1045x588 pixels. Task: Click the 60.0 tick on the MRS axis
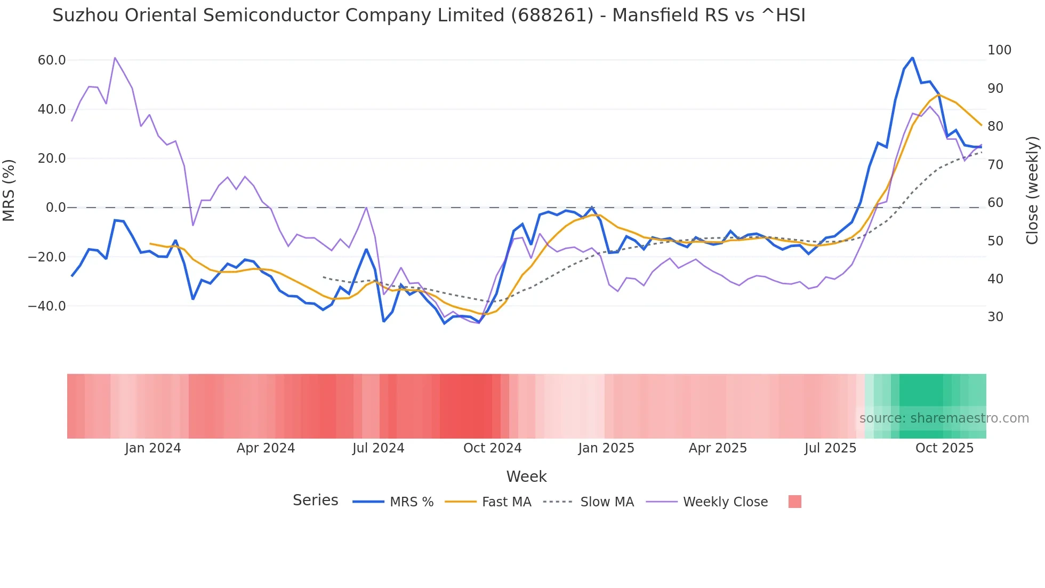tap(52, 60)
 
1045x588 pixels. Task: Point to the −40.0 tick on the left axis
tap(47, 306)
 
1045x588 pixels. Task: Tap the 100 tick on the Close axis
tap(999, 50)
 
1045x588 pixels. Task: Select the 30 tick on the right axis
tap(995, 317)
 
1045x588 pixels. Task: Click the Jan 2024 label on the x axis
tap(153, 448)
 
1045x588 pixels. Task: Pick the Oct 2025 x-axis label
tap(944, 448)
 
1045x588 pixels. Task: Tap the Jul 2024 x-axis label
tap(378, 448)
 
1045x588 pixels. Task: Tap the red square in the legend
tap(794, 502)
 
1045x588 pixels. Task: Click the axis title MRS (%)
tap(9, 190)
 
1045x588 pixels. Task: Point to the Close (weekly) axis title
tap(1032, 190)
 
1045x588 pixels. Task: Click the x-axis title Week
tap(526, 476)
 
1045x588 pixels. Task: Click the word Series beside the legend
tap(315, 500)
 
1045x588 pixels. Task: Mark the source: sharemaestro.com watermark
tap(944, 418)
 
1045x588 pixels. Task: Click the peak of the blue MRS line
tap(912, 58)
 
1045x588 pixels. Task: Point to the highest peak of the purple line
tap(115, 58)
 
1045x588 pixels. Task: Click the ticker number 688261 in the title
tap(552, 15)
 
